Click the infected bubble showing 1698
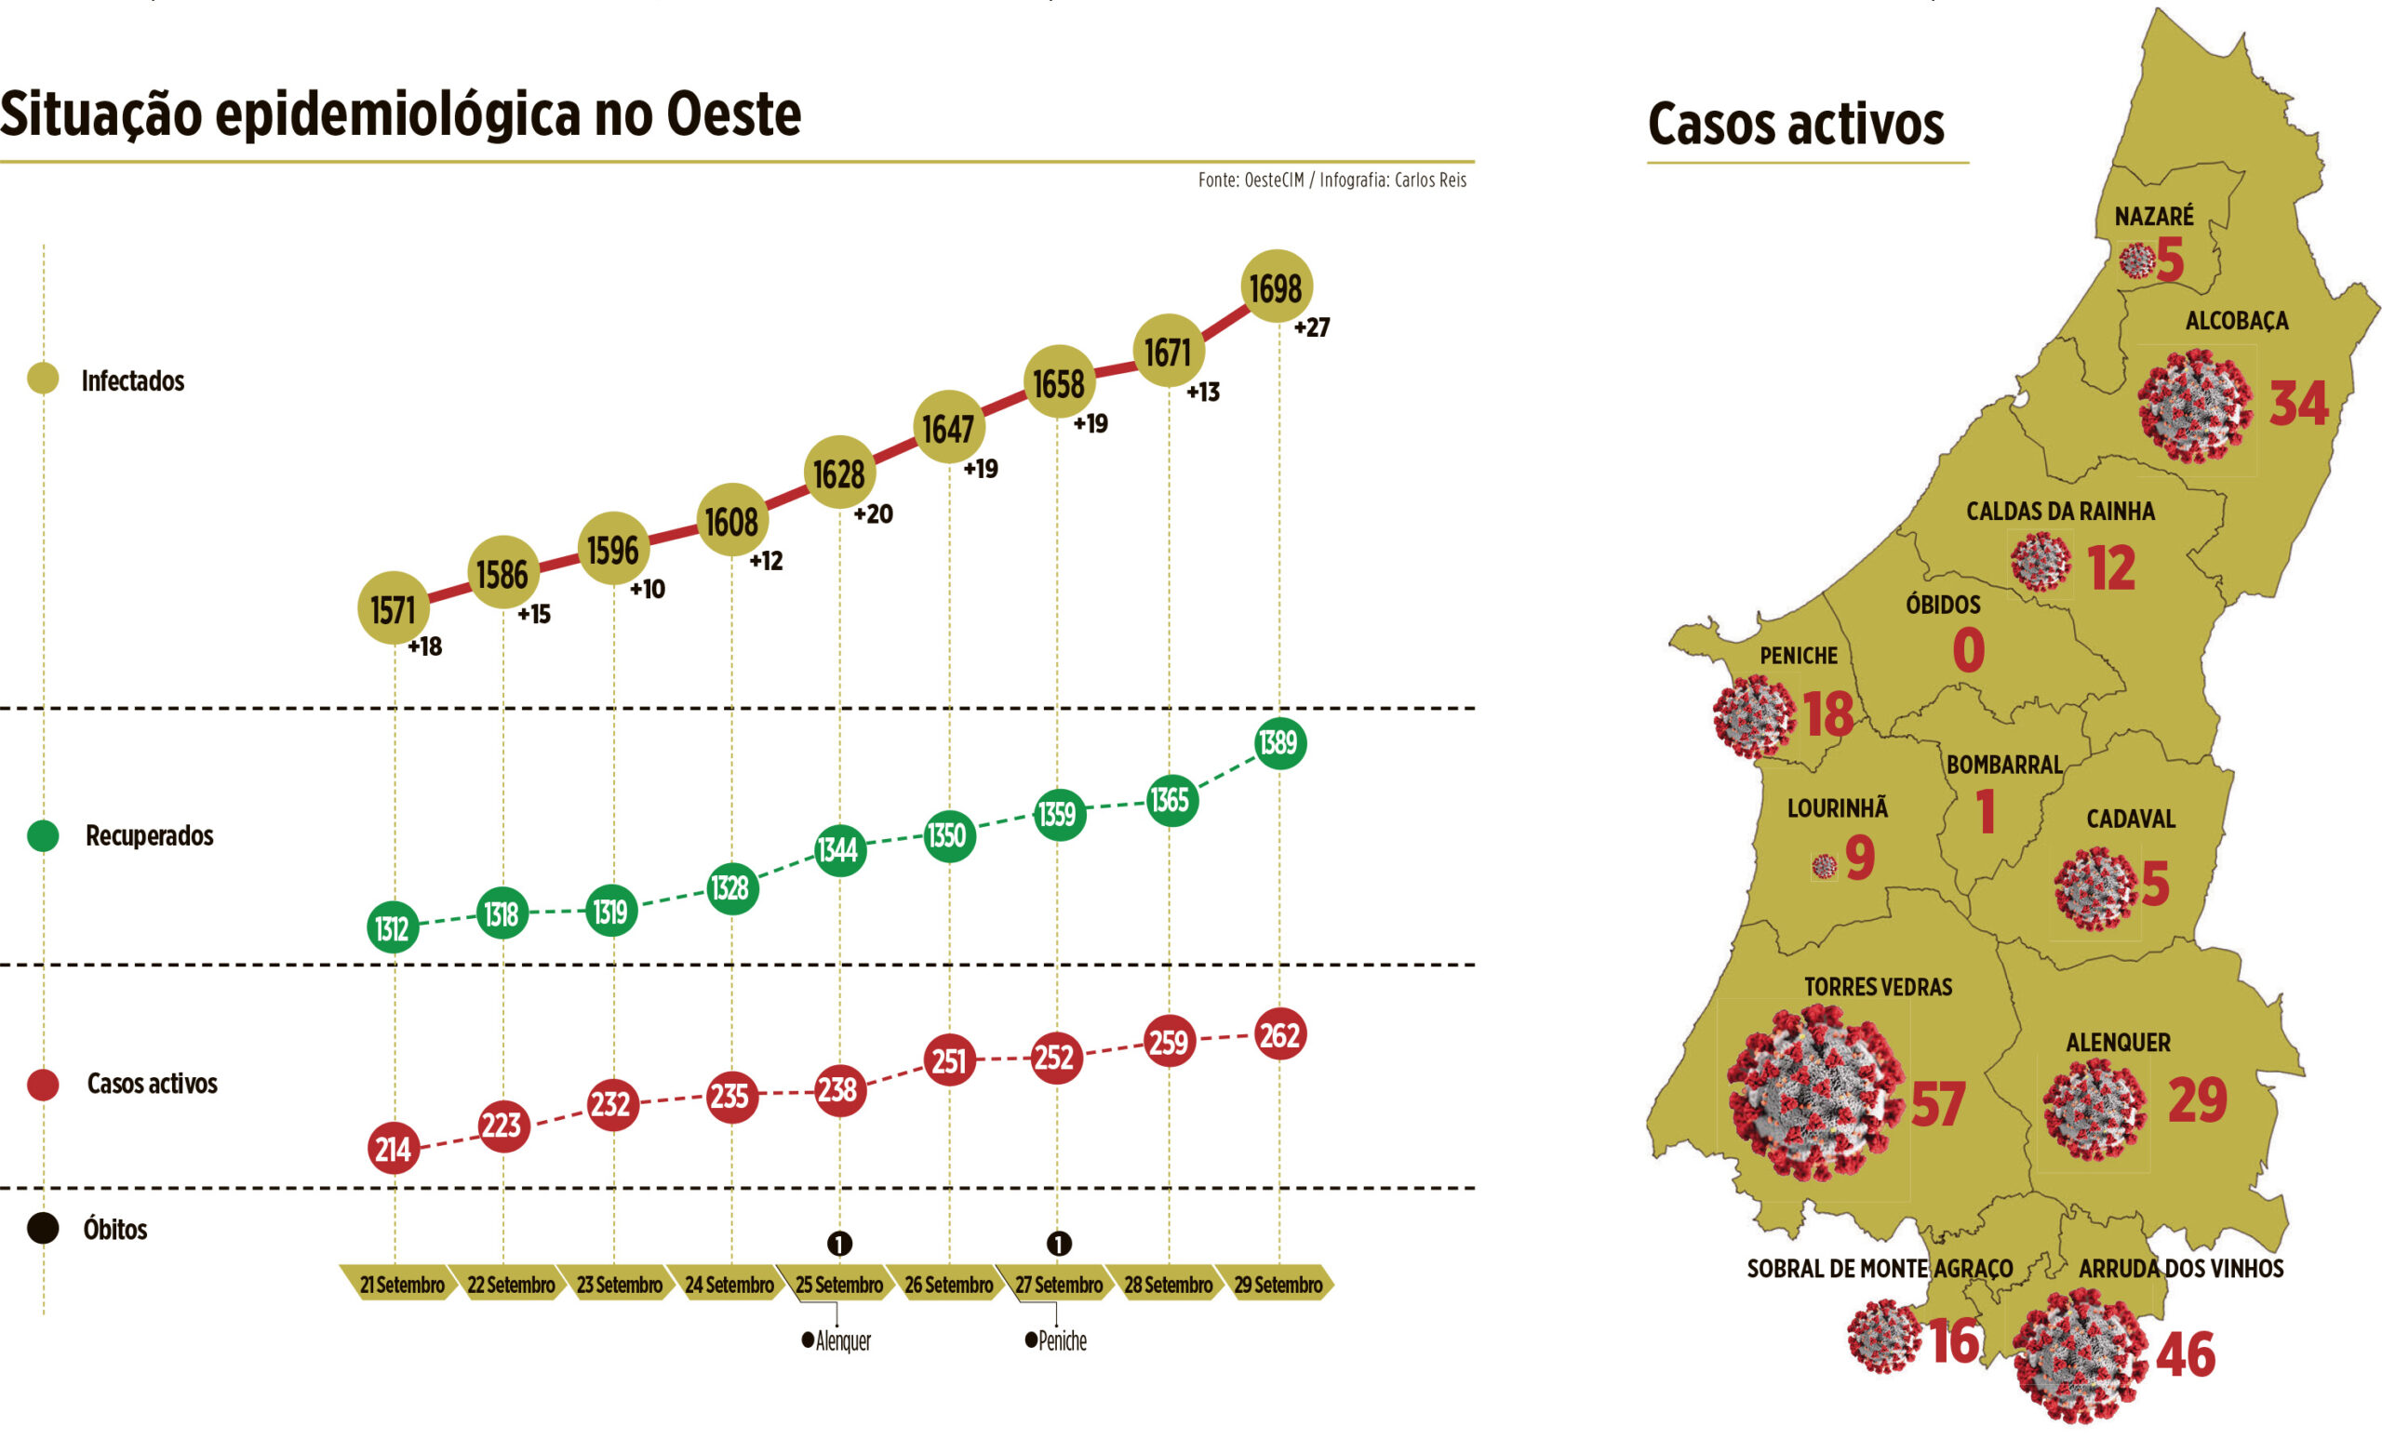click(1275, 287)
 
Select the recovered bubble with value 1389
click(1279, 743)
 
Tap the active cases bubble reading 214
click(394, 1149)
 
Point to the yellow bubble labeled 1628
click(838, 473)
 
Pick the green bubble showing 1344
click(838, 849)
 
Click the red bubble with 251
click(948, 1060)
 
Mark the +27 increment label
click(1312, 327)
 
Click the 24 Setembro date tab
click(729, 1285)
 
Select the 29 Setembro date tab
click(1278, 1285)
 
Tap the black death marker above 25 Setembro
click(839, 1243)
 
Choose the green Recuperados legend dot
click(43, 835)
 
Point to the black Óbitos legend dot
click(43, 1229)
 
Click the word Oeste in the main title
click(733, 114)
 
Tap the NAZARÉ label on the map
click(2154, 217)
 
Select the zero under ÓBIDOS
click(1968, 649)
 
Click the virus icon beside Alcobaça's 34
click(2193, 406)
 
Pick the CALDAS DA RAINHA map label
click(2060, 512)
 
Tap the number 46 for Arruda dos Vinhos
click(2185, 1354)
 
